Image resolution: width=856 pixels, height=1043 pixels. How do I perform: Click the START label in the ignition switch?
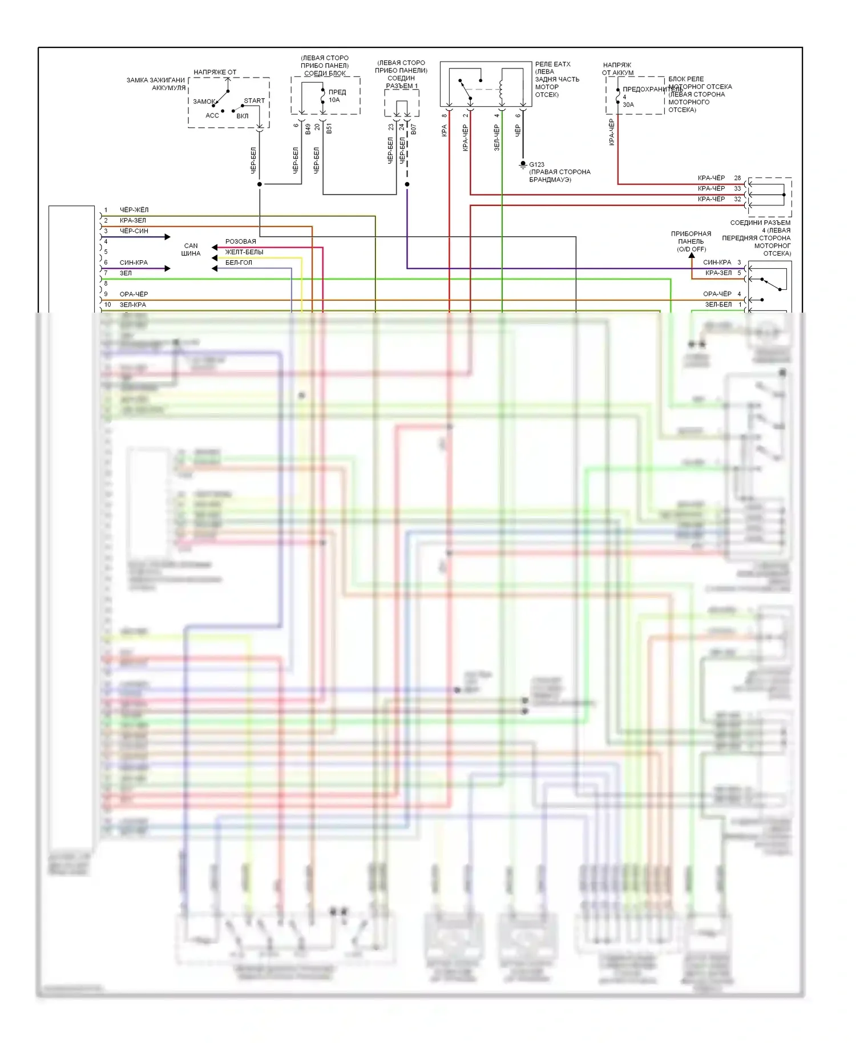click(254, 101)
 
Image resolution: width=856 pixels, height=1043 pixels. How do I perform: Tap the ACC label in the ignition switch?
click(212, 116)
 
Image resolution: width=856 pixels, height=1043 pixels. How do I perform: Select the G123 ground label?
click(536, 165)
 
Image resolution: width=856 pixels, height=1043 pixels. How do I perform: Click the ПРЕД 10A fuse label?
click(337, 96)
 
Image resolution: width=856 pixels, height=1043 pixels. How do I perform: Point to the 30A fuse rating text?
click(628, 105)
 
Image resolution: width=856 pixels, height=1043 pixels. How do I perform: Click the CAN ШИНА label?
click(191, 250)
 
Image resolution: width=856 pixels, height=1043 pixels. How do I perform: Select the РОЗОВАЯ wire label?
click(240, 242)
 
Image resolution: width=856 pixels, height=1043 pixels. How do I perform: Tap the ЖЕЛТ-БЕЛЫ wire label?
click(244, 252)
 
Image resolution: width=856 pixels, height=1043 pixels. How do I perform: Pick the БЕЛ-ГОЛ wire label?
click(239, 263)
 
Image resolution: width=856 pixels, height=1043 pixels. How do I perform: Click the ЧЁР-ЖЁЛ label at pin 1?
click(134, 210)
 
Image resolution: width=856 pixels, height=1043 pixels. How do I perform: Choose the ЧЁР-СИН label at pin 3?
click(134, 231)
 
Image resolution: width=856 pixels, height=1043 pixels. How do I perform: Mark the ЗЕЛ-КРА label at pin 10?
click(133, 305)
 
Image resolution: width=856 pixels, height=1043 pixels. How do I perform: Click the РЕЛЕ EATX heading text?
click(552, 64)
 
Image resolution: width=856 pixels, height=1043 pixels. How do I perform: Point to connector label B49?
click(308, 129)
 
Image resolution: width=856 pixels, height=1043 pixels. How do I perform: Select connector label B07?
click(414, 130)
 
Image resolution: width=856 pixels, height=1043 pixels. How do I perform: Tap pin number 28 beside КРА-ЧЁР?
click(737, 178)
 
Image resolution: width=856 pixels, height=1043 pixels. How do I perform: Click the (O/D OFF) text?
click(692, 249)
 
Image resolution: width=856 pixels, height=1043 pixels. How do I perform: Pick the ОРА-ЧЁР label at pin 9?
click(134, 294)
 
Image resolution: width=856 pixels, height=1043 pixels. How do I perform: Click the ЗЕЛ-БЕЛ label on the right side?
click(718, 305)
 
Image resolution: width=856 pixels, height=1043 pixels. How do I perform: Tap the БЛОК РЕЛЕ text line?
click(686, 79)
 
